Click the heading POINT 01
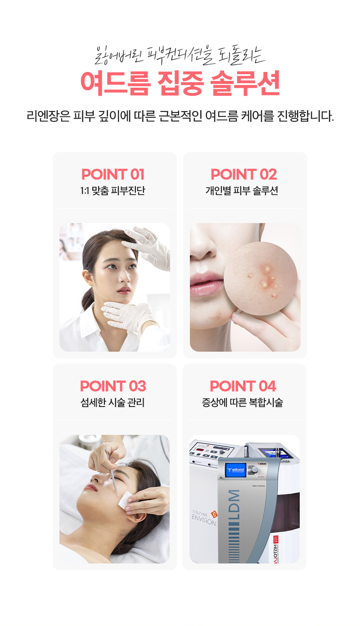tap(113, 174)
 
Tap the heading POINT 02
tap(243, 174)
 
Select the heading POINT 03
tap(113, 386)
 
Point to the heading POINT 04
tap(243, 386)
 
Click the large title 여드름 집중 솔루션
tap(180, 83)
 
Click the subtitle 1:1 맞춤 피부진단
tap(112, 191)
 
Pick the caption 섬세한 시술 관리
tap(112, 402)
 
